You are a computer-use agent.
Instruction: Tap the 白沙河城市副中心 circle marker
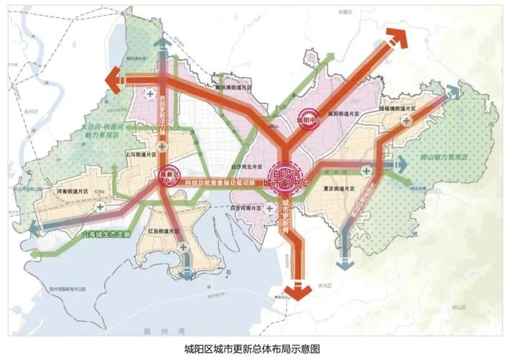pos(286,175)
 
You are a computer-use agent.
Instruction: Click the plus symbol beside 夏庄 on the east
pos(368,171)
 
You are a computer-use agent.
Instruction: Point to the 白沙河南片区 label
pos(246,207)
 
